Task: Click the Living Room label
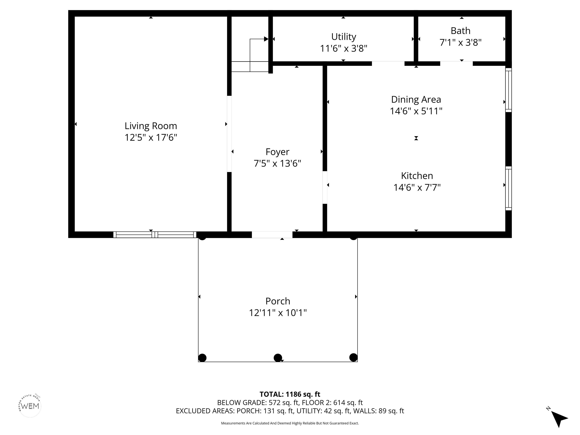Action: (151, 126)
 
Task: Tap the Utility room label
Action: (343, 37)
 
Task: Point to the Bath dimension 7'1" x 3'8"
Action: (460, 42)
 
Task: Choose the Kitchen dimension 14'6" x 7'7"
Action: (417, 187)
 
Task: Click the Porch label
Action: (278, 301)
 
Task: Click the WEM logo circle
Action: (30, 406)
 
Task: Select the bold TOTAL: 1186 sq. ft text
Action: (290, 394)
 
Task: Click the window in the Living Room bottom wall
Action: (155, 235)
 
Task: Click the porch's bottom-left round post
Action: (202, 358)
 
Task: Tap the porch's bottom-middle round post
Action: (278, 358)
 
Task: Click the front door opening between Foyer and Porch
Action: (272, 235)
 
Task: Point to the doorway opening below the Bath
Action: (456, 63)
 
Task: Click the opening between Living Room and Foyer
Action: (229, 134)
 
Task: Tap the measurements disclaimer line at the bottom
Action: (290, 423)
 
